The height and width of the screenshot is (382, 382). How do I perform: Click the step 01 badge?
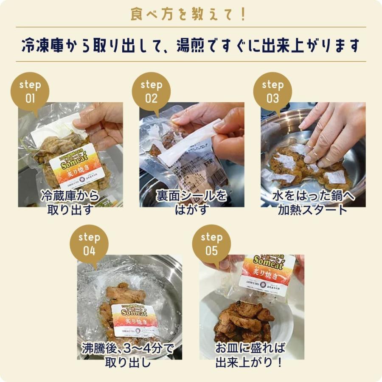[x=30, y=92]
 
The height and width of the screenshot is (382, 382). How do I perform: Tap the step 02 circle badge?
[x=151, y=92]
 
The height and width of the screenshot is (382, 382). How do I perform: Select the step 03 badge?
[x=272, y=92]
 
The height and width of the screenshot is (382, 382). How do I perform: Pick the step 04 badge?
[x=89, y=244]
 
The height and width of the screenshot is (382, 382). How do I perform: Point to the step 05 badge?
[x=211, y=244]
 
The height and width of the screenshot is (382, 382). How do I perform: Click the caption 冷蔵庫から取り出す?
[x=70, y=202]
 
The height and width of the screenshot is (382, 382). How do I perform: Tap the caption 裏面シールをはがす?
[x=191, y=202]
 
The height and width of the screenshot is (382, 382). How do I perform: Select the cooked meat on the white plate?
[x=244, y=323]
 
